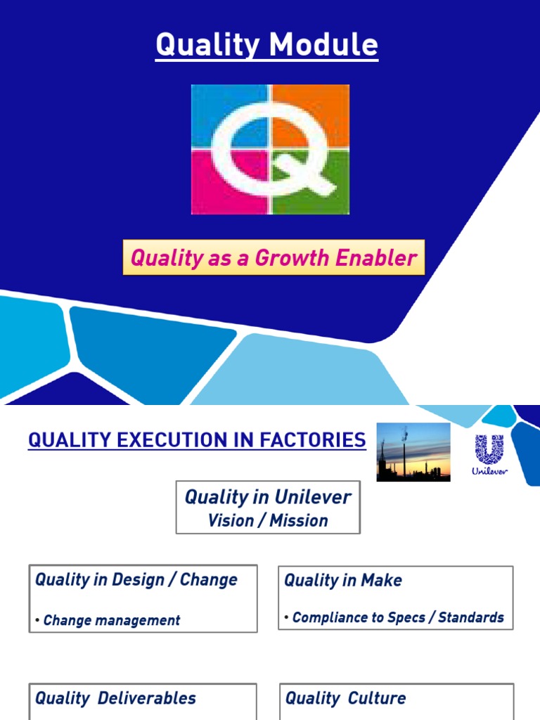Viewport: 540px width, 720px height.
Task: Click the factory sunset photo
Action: click(x=413, y=451)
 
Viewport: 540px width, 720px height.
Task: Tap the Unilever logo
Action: click(x=489, y=454)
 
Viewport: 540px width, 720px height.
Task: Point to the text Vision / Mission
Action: click(x=268, y=521)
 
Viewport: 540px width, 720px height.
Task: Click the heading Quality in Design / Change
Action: click(x=136, y=580)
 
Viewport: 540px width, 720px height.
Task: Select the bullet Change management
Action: click(x=111, y=620)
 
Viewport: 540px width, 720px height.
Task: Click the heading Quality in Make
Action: click(x=343, y=581)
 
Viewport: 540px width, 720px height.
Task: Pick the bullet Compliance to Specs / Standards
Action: click(x=398, y=617)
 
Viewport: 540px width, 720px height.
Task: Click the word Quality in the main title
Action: click(x=193, y=45)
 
